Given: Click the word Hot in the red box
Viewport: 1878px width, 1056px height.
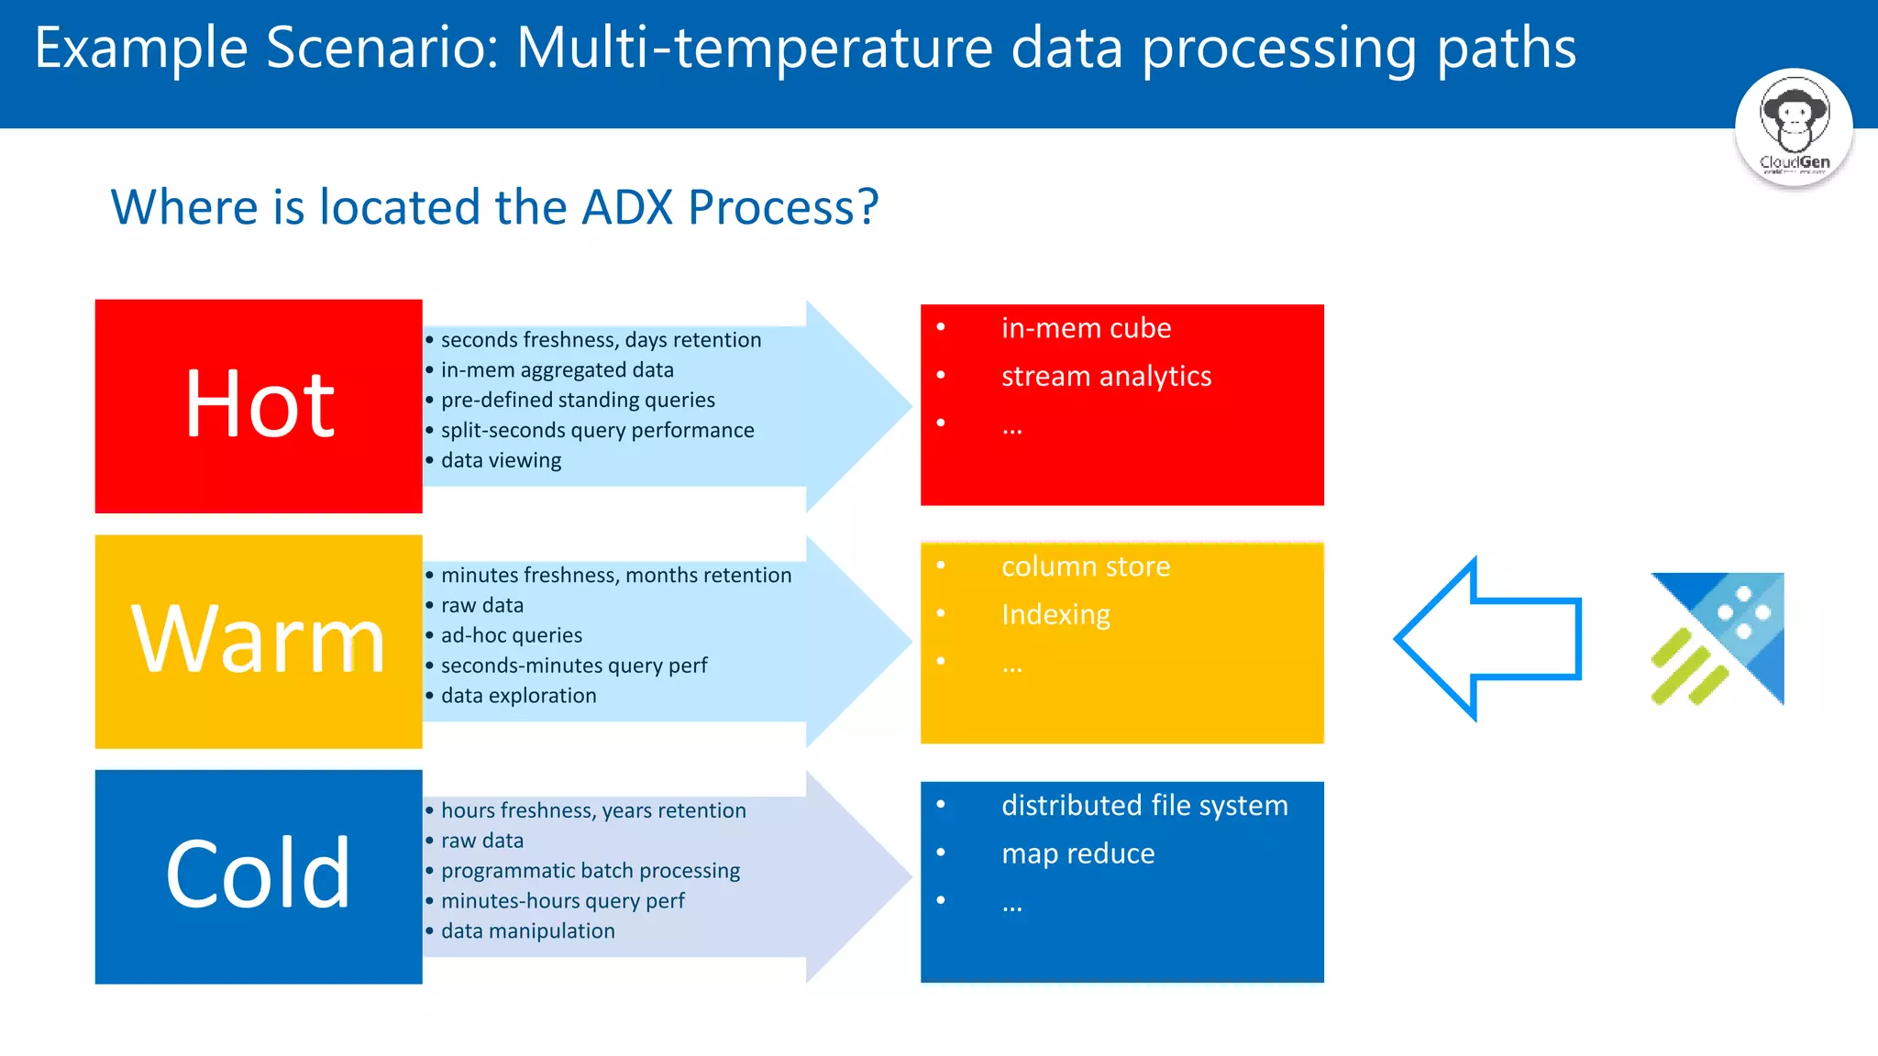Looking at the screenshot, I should (x=260, y=404).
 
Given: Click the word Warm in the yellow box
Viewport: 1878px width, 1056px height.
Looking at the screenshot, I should (x=258, y=640).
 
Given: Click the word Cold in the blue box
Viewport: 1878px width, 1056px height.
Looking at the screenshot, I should (x=258, y=874).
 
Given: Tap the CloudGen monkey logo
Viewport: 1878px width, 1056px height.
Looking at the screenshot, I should (x=1794, y=127).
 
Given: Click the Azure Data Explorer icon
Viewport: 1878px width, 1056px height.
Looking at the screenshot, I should (x=1718, y=639).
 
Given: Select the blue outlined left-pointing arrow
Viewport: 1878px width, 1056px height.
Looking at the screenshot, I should (x=1487, y=639).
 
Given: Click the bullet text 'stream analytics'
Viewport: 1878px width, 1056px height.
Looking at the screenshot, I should (x=1106, y=376).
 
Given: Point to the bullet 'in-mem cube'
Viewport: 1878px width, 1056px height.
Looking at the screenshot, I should (x=1086, y=328).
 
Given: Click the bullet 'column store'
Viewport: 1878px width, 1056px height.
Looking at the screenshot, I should (x=1086, y=566).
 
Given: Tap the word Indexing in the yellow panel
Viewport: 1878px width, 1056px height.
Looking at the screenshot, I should (x=1055, y=614).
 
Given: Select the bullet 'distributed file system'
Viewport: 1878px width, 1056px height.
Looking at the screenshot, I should (x=1144, y=805).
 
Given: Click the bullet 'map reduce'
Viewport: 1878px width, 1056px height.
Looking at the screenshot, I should (x=1077, y=853).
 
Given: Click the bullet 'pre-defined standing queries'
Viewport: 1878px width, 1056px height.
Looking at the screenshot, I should (x=578, y=400).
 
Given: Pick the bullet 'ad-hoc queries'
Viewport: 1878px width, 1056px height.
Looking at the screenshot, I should (x=512, y=635).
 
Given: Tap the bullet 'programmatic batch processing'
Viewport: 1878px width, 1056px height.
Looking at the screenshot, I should (x=591, y=871).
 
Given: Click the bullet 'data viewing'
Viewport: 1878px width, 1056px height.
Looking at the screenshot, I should (x=501, y=460).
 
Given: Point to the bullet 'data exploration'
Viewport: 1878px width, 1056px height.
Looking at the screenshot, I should (x=518, y=696).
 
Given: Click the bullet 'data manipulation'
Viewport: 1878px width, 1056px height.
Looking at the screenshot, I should (x=527, y=931).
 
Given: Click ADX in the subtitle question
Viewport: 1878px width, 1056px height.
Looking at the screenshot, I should (x=628, y=207).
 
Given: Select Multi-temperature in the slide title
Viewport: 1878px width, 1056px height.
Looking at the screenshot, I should (x=755, y=48).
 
